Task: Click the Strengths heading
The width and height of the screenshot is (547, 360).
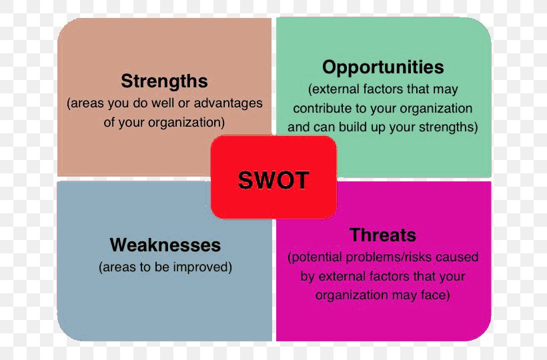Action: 164,81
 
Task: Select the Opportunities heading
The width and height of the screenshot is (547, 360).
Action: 383,67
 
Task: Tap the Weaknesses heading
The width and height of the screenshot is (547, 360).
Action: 165,245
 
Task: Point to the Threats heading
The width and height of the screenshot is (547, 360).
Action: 383,235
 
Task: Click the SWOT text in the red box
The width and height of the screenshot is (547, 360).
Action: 273,180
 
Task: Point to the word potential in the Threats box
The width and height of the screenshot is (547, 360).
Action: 317,257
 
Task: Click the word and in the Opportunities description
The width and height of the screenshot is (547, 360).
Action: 299,127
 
